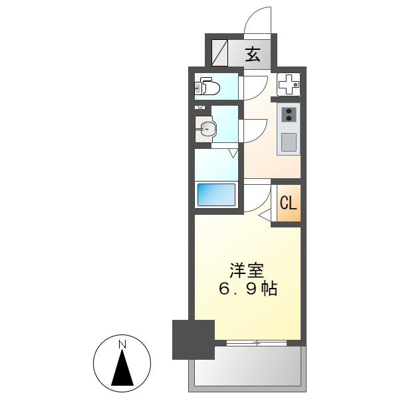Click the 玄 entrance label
pos(253,55)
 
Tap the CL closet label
pos(289,203)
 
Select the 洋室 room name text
pos(247,271)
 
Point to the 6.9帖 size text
pos(248,289)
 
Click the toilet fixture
pos(207,86)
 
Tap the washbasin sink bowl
pos(207,129)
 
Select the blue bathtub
pos(216,195)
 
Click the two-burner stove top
pos(289,115)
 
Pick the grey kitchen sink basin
pos(289,142)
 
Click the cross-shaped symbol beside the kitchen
pos(289,84)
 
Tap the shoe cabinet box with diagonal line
pos(219,53)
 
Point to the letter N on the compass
pos(122,344)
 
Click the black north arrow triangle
pos(122,367)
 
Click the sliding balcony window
pos(257,343)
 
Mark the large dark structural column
pos(194,340)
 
